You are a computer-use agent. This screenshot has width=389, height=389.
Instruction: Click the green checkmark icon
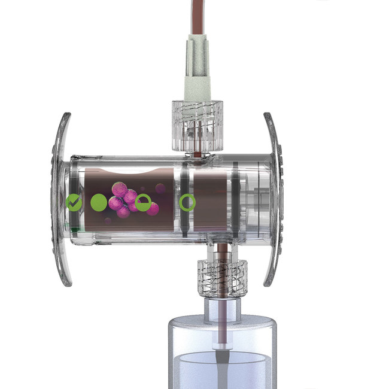(74, 202)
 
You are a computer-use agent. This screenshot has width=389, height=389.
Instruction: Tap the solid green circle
(99, 202)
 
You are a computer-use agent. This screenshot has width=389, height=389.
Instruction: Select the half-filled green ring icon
(143, 203)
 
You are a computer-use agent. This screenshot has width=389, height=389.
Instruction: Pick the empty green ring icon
(187, 203)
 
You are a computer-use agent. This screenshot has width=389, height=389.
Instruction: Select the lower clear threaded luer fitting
(221, 276)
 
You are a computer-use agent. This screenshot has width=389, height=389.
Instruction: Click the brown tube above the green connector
(197, 15)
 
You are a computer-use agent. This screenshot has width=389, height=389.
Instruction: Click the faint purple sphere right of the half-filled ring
(160, 189)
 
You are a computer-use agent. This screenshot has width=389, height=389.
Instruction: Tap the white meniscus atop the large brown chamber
(129, 173)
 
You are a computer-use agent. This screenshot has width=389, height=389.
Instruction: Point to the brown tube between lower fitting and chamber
(220, 251)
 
